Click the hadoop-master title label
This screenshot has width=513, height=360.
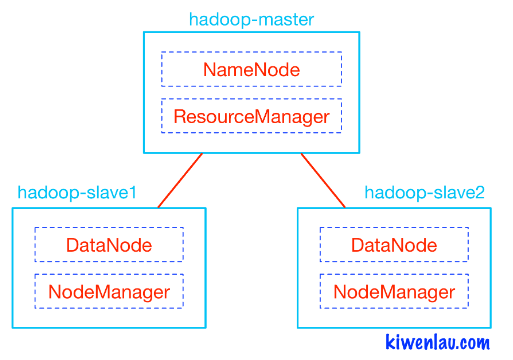pyautogui.click(x=251, y=19)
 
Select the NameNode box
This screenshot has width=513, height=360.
pyautogui.click(x=251, y=70)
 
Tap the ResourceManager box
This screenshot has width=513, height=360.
pyautogui.click(x=251, y=116)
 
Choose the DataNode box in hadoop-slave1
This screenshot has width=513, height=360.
pyautogui.click(x=109, y=245)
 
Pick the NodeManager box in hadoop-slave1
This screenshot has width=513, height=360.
pyautogui.click(x=109, y=291)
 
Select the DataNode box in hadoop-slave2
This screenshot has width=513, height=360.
pyautogui.click(x=394, y=245)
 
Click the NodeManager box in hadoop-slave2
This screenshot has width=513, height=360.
pyautogui.click(x=394, y=291)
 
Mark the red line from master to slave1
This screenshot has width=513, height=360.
pyautogui.click(x=180, y=181)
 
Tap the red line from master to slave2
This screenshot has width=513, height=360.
pyautogui.click(x=323, y=181)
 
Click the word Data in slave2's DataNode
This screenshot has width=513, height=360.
pyautogui.click(x=372, y=245)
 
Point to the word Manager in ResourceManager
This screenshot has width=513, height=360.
pyautogui.click(x=289, y=116)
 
